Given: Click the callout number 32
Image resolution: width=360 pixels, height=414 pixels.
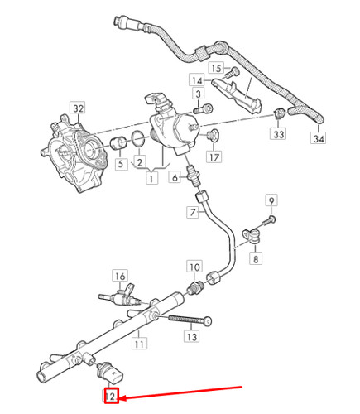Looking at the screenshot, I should (x=78, y=108).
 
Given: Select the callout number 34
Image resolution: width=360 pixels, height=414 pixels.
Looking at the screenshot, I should (x=319, y=138).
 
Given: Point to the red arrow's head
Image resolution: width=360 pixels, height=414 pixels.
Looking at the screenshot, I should (x=121, y=398).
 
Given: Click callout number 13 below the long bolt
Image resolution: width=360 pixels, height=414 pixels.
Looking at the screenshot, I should (x=192, y=337).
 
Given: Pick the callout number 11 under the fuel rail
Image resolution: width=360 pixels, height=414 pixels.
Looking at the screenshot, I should (x=141, y=342).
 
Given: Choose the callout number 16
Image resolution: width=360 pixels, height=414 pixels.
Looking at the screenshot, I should (x=120, y=276).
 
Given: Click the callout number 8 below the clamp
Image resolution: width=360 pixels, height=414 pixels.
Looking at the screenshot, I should (x=255, y=259).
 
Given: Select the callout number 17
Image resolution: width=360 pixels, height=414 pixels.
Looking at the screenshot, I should (x=213, y=156).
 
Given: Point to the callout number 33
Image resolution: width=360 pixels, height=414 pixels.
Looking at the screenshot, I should (x=278, y=134).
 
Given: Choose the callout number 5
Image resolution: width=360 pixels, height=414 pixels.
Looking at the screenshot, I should (x=119, y=164).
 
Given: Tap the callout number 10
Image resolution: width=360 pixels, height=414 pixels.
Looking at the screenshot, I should (x=194, y=267).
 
